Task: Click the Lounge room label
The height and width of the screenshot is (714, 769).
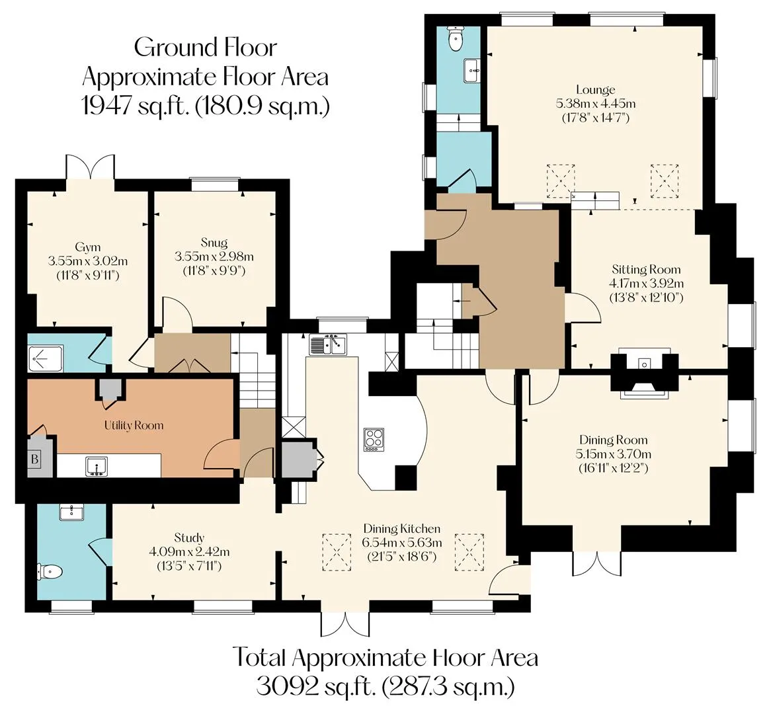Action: point(595,90)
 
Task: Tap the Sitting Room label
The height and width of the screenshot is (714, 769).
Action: point(646,269)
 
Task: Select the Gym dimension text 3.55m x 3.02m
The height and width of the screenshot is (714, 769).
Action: point(88,261)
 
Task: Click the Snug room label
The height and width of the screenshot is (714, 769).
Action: point(214,243)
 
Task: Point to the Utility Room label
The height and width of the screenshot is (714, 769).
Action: point(134,425)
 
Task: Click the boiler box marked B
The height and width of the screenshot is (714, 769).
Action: point(35,459)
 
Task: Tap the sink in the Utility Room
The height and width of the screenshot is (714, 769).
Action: point(97,465)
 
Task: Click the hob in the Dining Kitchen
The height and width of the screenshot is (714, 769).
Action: point(374,440)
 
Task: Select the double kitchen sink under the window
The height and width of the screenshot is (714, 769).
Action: point(327,344)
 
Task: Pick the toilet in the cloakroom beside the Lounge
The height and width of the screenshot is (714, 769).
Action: point(455,39)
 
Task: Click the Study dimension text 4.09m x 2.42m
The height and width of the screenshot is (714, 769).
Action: point(189,551)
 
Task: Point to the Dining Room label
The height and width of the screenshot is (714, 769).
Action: point(613,440)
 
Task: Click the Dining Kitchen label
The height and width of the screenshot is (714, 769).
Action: point(401,529)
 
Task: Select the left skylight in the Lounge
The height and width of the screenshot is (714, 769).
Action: point(561,181)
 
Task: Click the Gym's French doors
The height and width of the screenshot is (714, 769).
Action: point(90,167)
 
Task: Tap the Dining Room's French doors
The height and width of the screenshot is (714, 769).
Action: point(597,563)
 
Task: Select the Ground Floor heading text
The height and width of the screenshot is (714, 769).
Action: point(206,48)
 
